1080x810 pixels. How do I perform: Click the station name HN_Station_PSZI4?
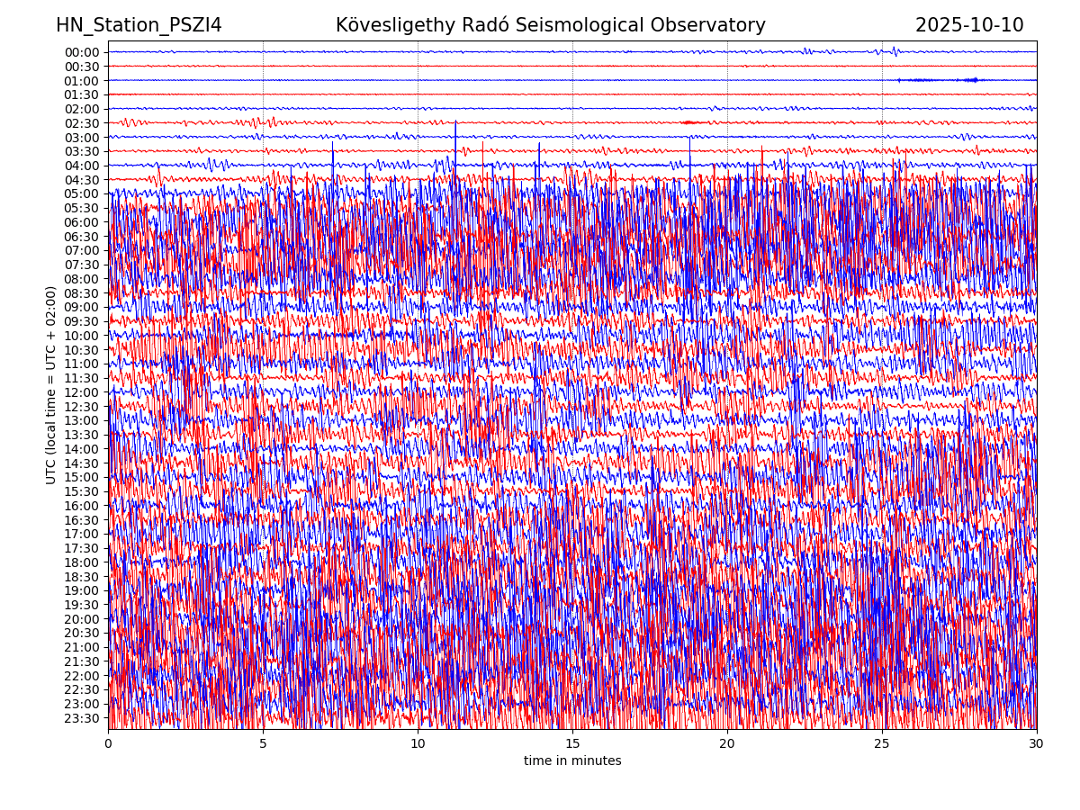pyautogui.click(x=139, y=25)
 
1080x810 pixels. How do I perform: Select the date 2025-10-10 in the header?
pyautogui.click(x=969, y=25)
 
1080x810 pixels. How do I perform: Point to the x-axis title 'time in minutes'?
pyautogui.click(x=572, y=761)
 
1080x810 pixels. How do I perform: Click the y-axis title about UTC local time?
pyautogui.click(x=51, y=384)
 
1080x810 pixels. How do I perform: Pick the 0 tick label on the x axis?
pyautogui.click(x=108, y=744)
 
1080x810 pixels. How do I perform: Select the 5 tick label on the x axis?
pyautogui.click(x=263, y=744)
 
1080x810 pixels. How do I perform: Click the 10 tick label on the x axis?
pyautogui.click(x=418, y=744)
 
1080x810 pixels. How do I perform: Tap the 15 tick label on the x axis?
pyautogui.click(x=572, y=744)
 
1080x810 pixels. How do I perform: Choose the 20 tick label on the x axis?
pyautogui.click(x=727, y=744)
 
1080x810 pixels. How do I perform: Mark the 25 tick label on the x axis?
pyautogui.click(x=882, y=744)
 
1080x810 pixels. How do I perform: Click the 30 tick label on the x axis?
pyautogui.click(x=1037, y=744)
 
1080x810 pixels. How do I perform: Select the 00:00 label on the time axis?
pyautogui.click(x=82, y=52)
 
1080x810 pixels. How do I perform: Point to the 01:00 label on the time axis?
pyautogui.click(x=82, y=80)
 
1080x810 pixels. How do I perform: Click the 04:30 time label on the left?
pyautogui.click(x=82, y=180)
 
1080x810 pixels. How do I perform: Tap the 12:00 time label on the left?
pyautogui.click(x=82, y=392)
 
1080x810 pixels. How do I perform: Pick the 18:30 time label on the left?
pyautogui.click(x=82, y=577)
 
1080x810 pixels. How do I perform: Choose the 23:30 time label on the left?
pyautogui.click(x=82, y=718)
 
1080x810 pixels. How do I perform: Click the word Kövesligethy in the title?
pyautogui.click(x=393, y=25)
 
